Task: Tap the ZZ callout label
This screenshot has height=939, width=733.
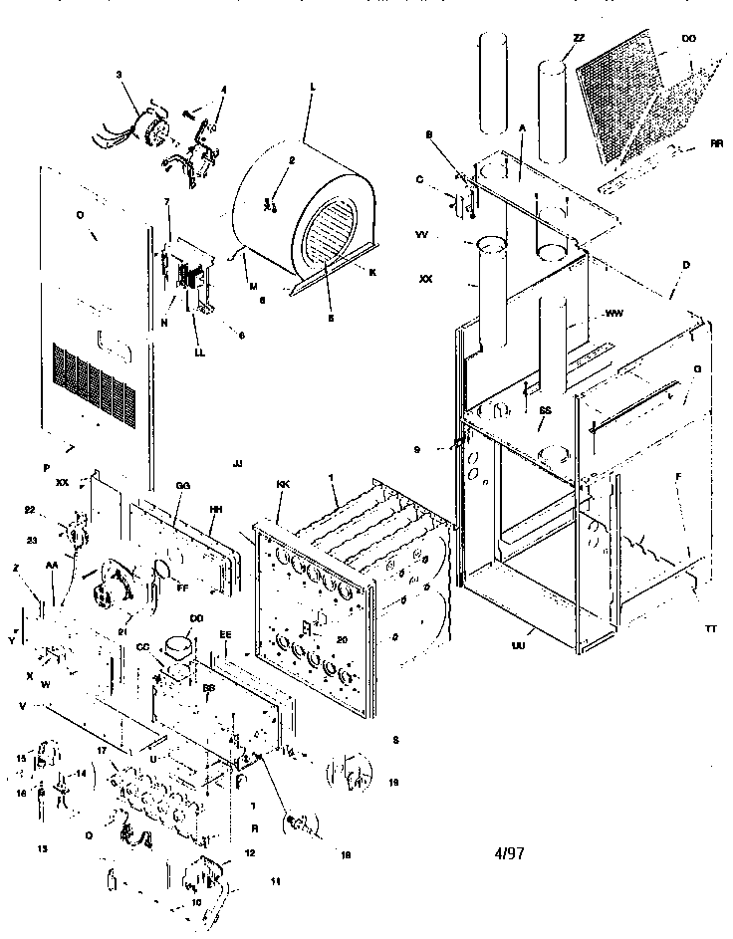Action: [x=579, y=38]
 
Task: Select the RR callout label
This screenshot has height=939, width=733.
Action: [x=716, y=143]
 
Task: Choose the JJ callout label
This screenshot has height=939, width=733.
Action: [x=236, y=464]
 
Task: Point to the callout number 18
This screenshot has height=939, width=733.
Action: [x=345, y=854]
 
